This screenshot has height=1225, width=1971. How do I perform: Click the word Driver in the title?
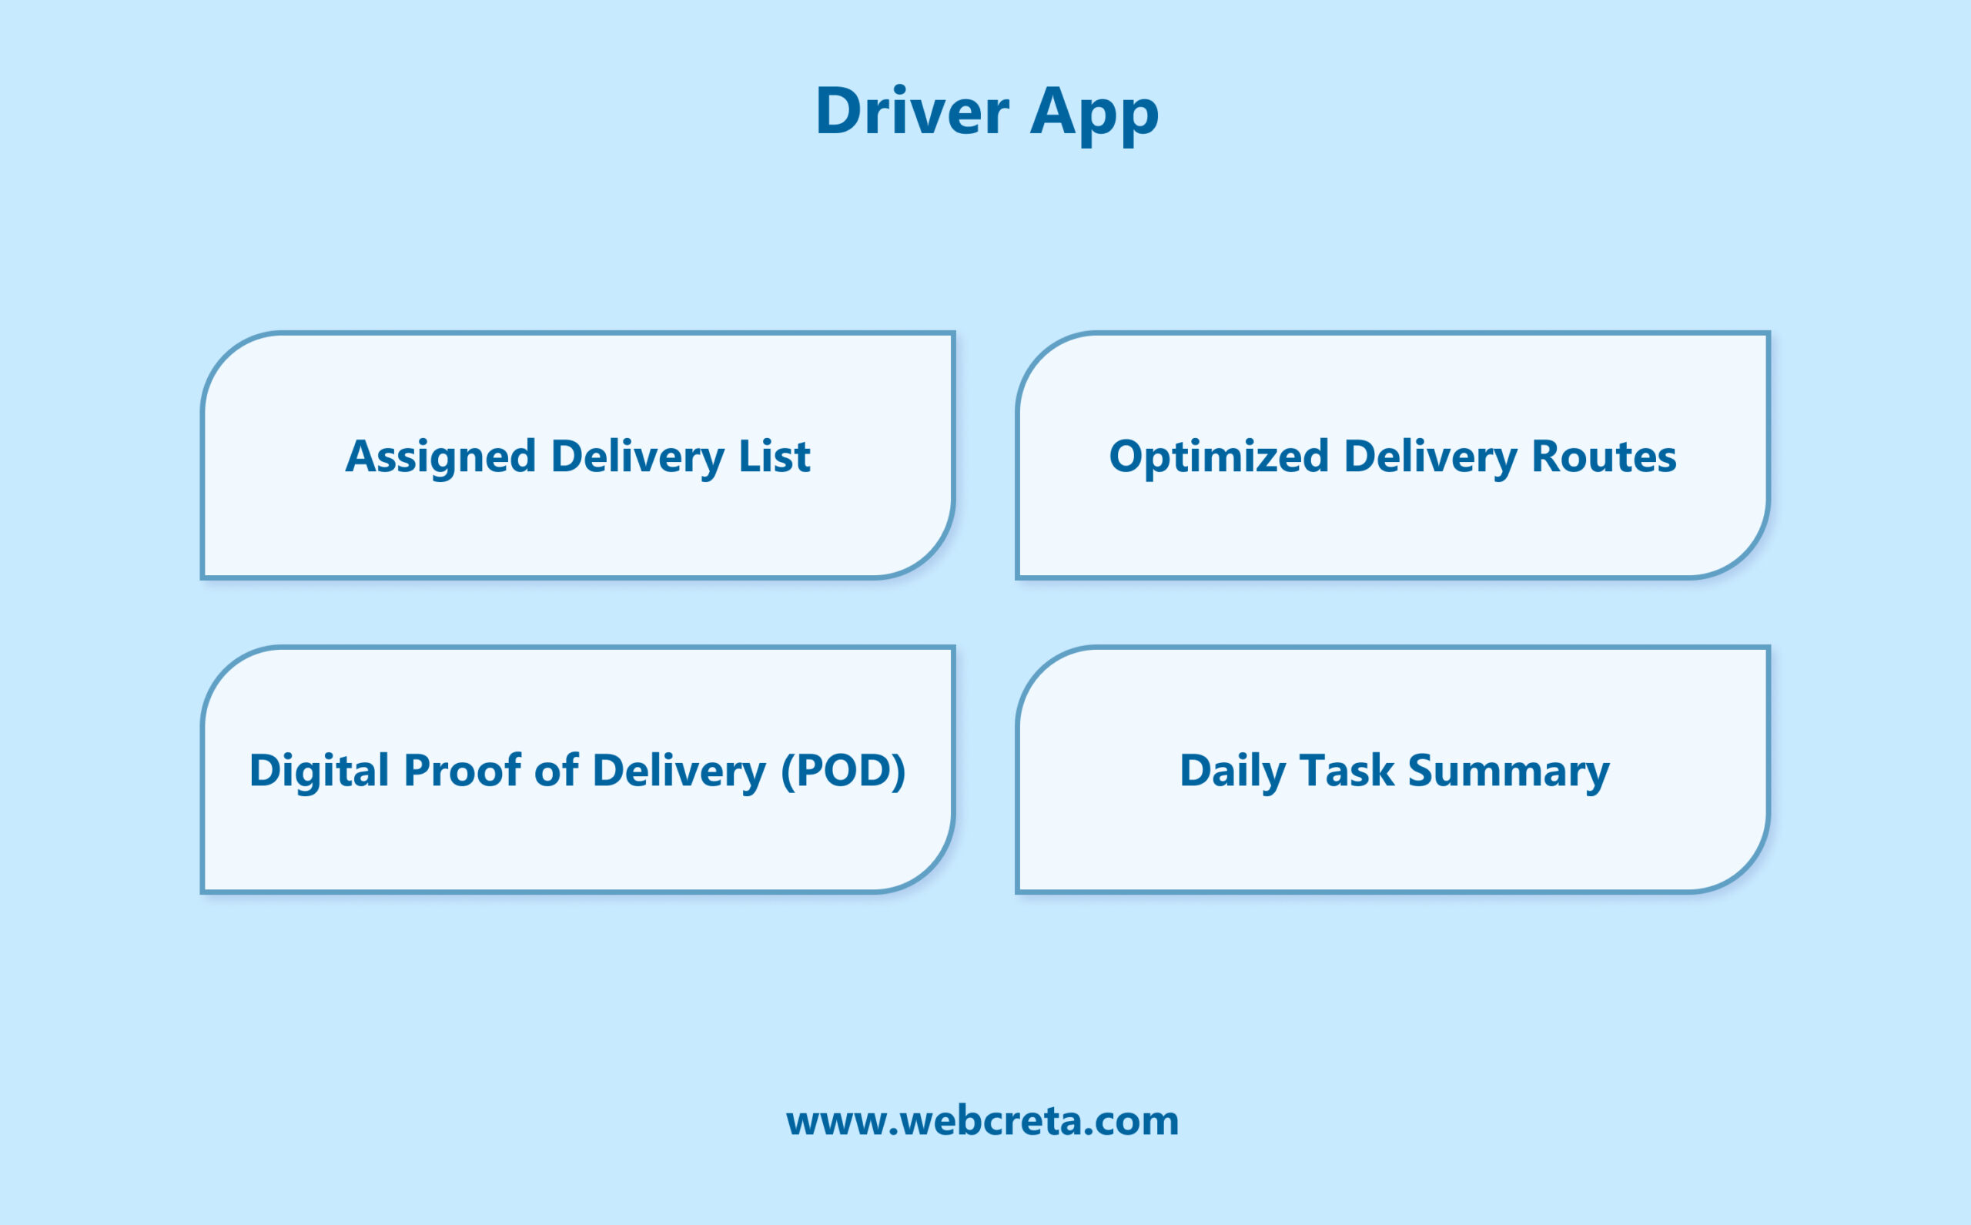point(912,111)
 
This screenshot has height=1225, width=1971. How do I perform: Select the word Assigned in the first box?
point(440,456)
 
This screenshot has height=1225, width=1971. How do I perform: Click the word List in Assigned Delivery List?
point(774,456)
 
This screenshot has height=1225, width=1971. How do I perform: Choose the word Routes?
point(1604,456)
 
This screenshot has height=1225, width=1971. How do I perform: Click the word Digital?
point(320,770)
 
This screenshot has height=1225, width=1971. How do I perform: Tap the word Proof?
point(462,770)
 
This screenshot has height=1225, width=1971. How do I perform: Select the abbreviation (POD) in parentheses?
point(842,770)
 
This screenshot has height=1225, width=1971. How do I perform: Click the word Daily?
point(1232,771)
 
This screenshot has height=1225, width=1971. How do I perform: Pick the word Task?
point(1347,770)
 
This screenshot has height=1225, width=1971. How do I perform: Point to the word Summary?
point(1508,771)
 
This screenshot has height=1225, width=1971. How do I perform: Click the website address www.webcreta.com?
point(982,1121)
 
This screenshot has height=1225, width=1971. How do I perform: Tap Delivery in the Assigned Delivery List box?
point(637,456)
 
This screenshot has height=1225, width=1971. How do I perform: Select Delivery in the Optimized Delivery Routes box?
point(1430,456)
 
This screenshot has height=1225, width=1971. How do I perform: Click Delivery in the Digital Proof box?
point(679,771)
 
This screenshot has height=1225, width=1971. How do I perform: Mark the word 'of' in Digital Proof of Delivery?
point(557,770)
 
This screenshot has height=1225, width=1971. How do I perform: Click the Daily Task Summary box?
point(1393,842)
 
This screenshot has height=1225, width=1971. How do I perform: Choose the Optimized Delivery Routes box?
point(1393,527)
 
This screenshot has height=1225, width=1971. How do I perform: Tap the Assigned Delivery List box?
point(577,527)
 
